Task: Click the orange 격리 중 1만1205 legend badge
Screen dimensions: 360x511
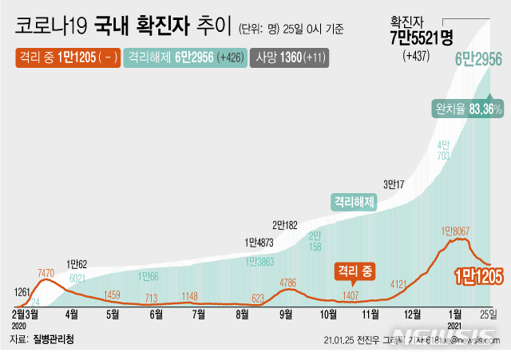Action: (x=67, y=58)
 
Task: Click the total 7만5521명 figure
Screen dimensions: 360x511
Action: (x=421, y=38)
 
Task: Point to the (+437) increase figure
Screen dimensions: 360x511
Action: (x=416, y=55)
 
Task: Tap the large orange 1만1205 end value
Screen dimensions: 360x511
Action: (x=478, y=276)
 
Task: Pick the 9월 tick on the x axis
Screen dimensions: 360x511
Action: (x=284, y=315)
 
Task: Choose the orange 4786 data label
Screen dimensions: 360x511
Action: (x=289, y=282)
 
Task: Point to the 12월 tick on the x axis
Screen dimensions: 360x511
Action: (x=413, y=315)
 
